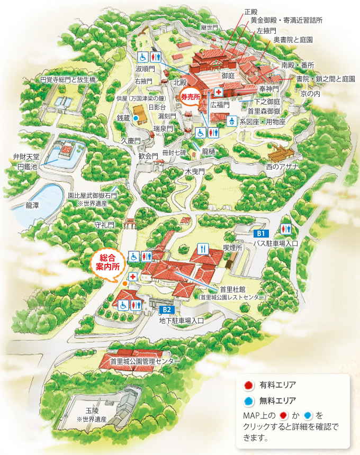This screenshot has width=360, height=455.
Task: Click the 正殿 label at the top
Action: [252, 11]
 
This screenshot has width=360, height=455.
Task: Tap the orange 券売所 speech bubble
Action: [191, 98]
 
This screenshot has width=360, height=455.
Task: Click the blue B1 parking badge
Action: [261, 233]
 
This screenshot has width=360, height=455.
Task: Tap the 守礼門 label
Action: [104, 225]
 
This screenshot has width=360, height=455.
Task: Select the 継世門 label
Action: [208, 26]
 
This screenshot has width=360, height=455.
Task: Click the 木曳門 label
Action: [194, 172]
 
